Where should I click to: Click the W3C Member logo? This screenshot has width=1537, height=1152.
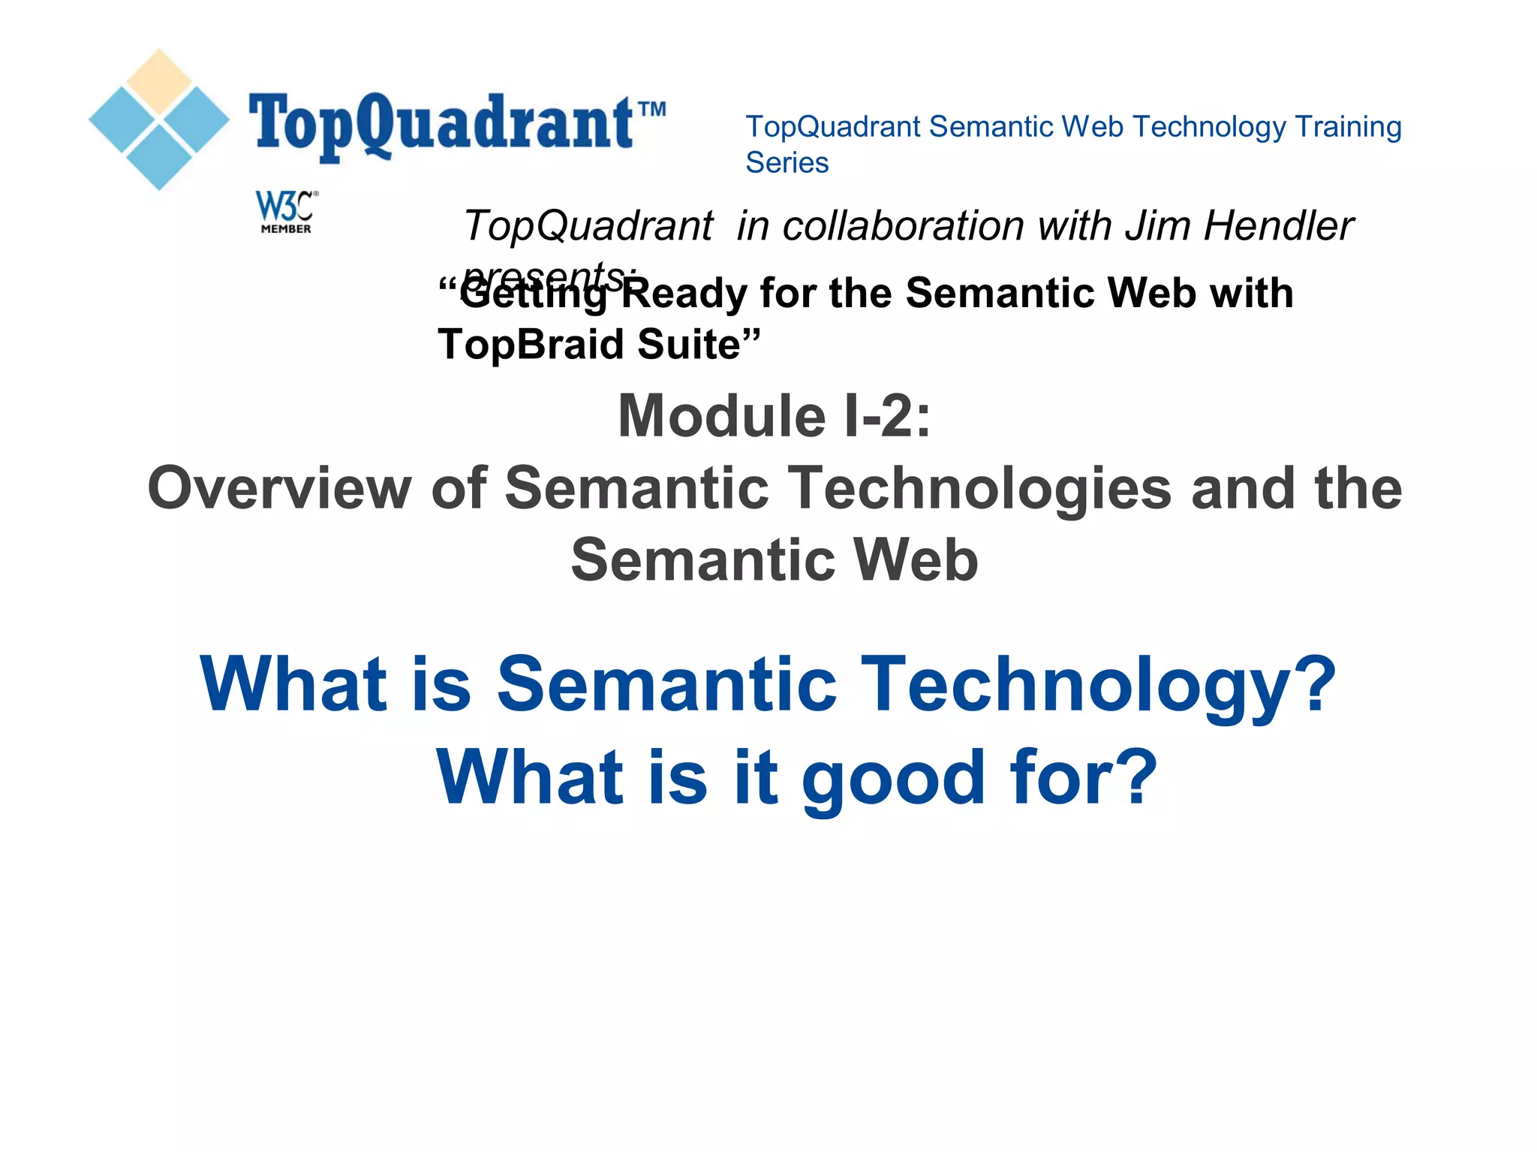[286, 212]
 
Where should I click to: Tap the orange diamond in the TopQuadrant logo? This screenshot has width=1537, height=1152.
[159, 81]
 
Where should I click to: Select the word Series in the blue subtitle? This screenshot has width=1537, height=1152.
[787, 163]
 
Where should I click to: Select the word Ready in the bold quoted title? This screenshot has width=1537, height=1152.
[684, 293]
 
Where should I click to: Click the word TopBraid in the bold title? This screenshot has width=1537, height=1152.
[531, 345]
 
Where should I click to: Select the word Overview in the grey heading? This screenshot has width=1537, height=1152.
[279, 488]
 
